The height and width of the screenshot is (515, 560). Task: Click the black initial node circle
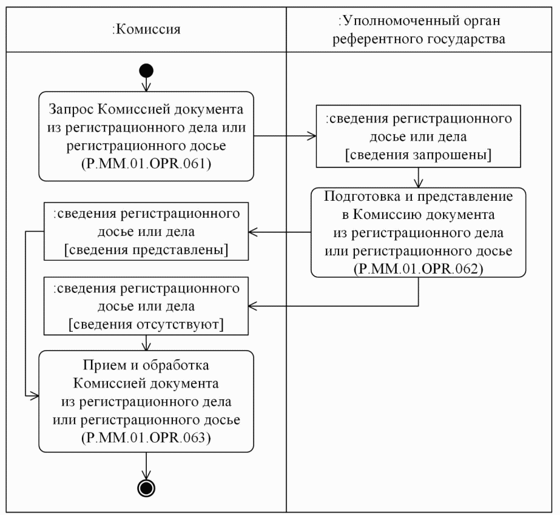point(146,70)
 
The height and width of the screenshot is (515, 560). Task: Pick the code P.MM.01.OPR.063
point(146,440)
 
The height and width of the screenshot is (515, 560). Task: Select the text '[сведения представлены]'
point(146,251)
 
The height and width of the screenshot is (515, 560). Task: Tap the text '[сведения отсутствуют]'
point(146,325)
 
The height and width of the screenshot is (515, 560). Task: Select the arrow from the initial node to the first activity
point(146,84)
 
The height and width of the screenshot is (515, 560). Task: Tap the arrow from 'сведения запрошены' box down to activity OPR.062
point(418,177)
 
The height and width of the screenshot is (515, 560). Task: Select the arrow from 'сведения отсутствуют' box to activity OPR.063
point(146,343)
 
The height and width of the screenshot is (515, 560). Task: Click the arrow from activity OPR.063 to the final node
point(146,465)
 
